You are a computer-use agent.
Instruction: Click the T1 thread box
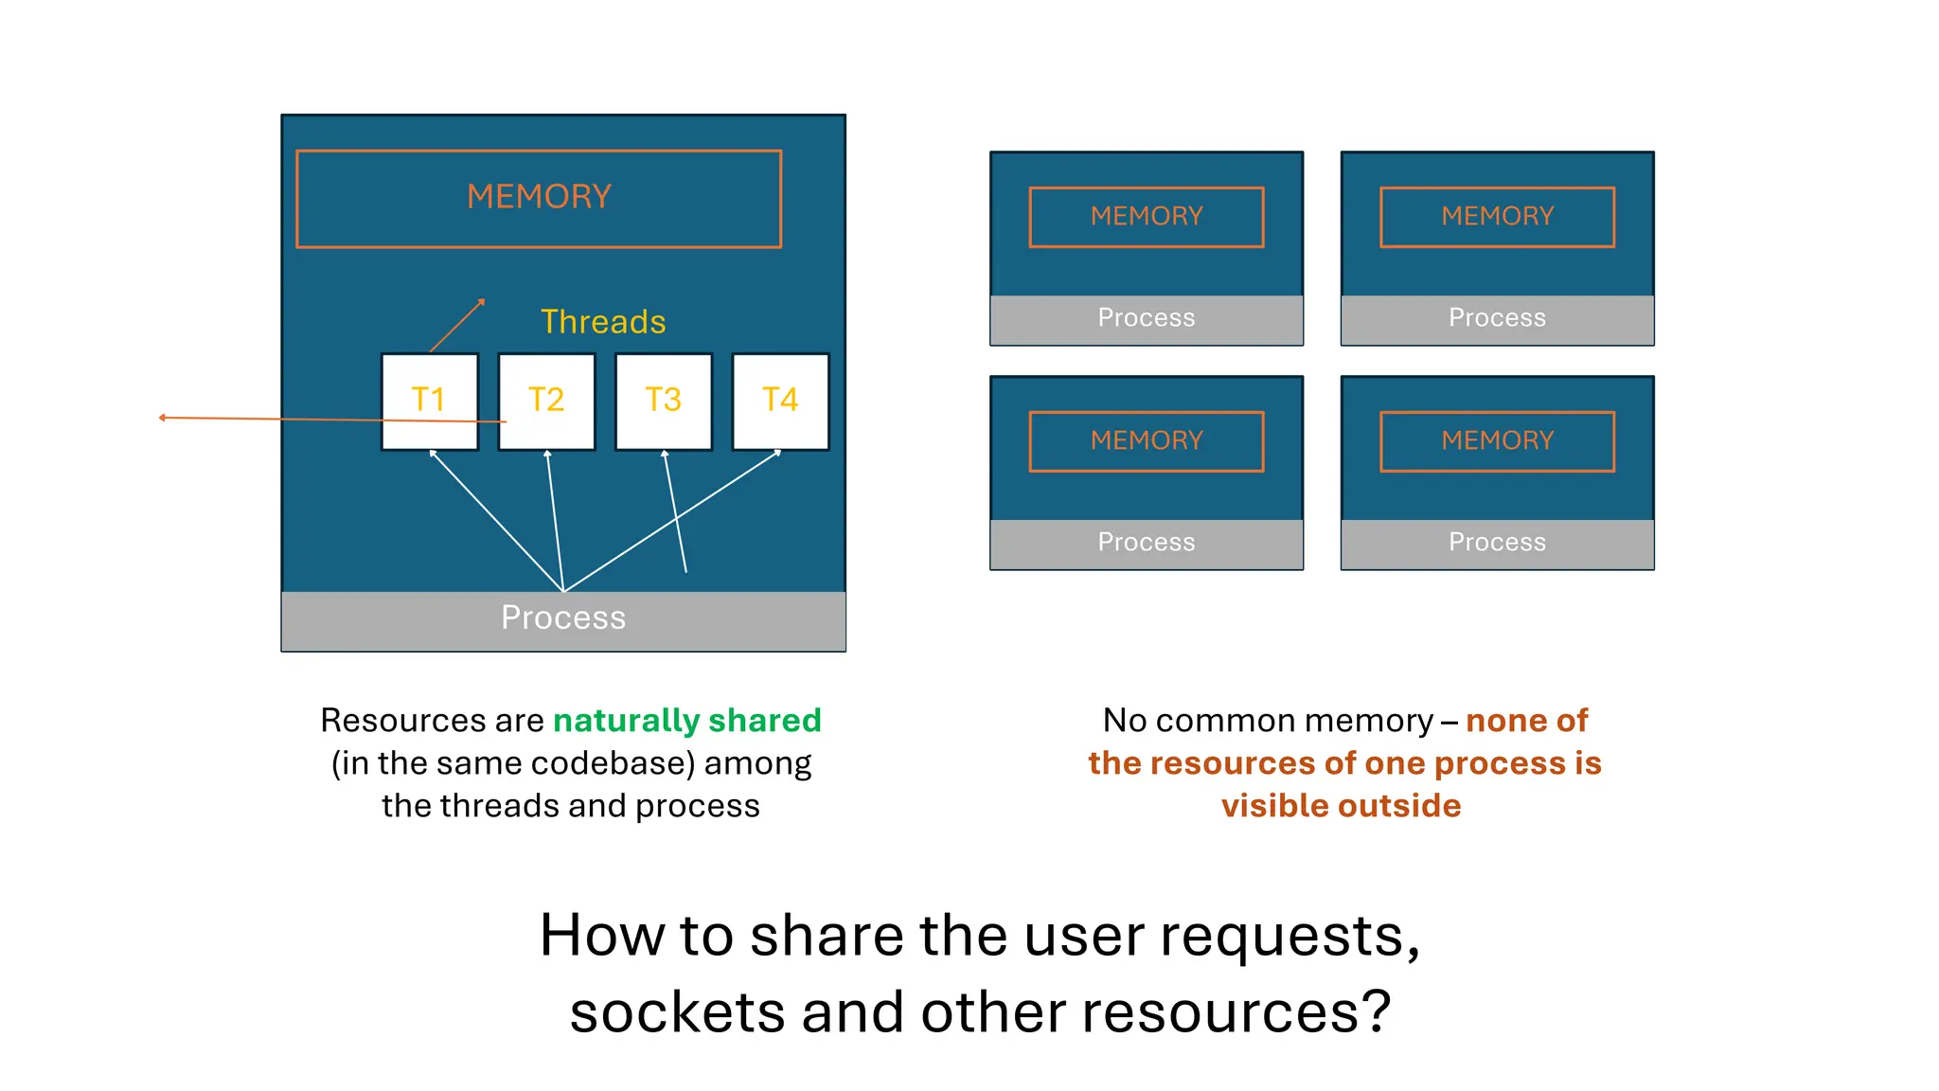[430, 401]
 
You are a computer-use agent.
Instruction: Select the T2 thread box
[547, 401]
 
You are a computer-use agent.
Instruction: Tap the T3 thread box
[664, 401]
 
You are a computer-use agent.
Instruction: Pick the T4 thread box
[781, 401]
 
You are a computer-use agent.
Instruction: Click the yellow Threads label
[603, 322]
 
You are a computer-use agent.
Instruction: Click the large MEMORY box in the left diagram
[539, 198]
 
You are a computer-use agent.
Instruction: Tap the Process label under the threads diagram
[563, 618]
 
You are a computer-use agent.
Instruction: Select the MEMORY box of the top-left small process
[1147, 217]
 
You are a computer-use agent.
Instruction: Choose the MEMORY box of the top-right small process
[1497, 217]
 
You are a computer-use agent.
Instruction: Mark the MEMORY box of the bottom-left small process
[1147, 441]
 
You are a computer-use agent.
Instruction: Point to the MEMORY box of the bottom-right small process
[1497, 441]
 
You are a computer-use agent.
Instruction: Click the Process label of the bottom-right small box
[1497, 543]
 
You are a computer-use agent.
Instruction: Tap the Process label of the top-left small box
[1147, 318]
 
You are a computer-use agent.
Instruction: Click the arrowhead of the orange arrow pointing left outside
[163, 418]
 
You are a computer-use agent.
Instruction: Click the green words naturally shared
[686, 721]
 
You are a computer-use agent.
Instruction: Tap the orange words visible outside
[1341, 806]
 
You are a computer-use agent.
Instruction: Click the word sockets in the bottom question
[677, 1012]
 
